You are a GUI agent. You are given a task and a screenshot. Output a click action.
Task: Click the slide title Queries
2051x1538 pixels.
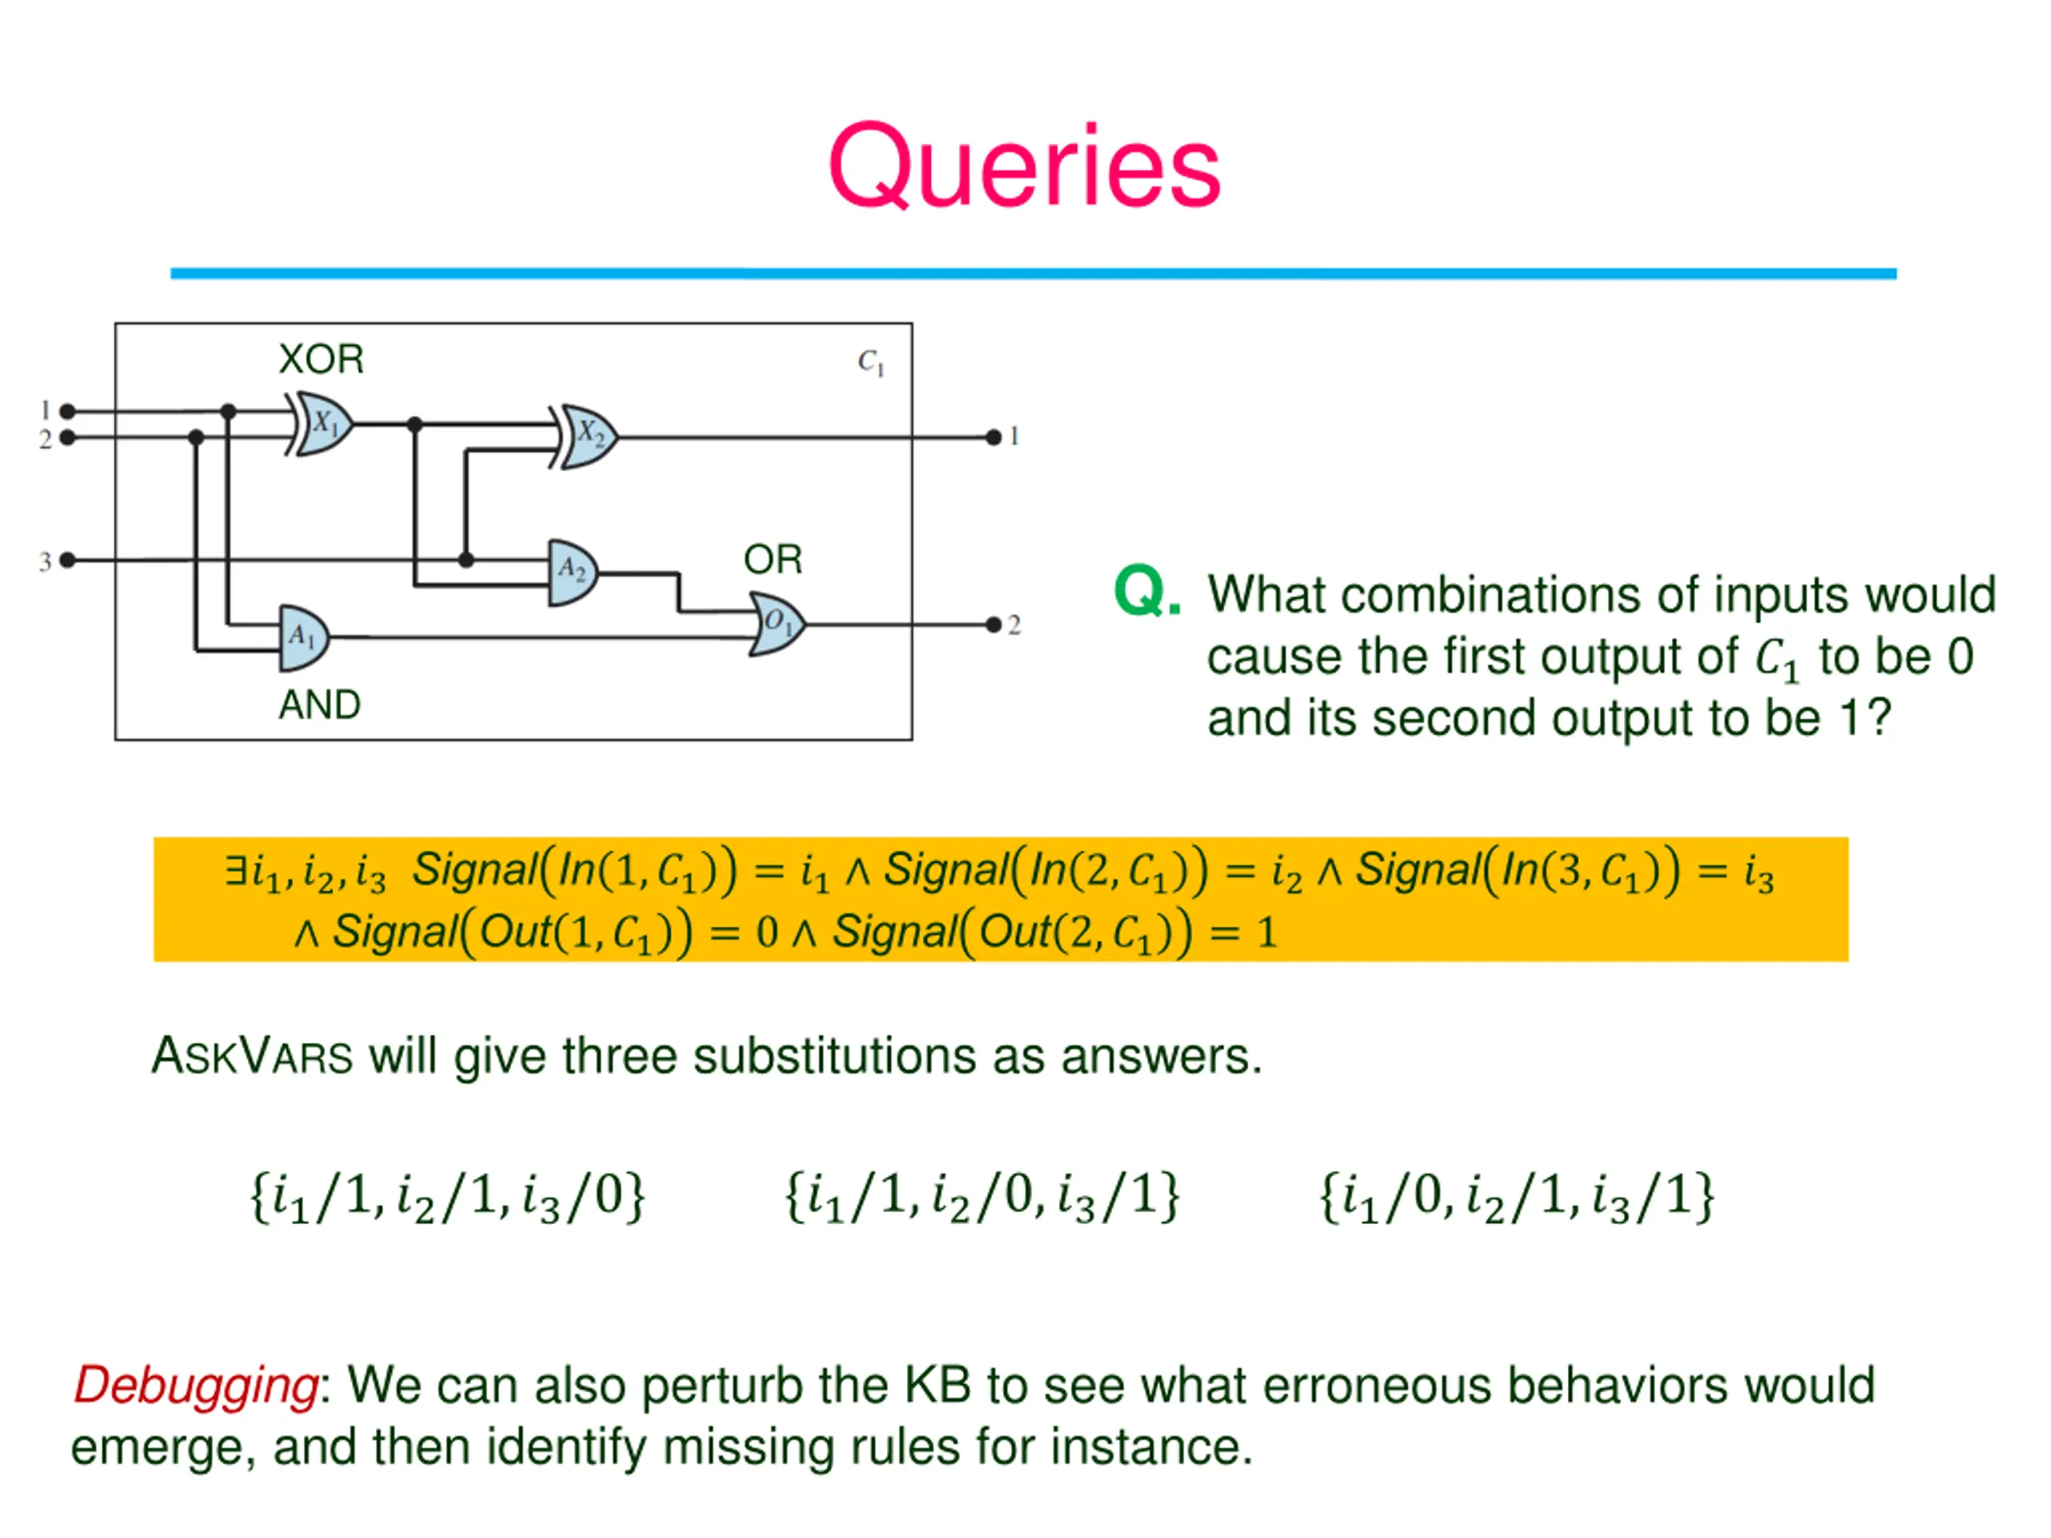tap(1024, 167)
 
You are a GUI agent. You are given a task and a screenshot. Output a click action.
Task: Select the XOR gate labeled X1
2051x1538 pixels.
tap(320, 424)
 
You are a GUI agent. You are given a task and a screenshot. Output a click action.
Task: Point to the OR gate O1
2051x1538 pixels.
tap(777, 625)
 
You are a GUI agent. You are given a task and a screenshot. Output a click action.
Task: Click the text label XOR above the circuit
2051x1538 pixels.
tap(320, 359)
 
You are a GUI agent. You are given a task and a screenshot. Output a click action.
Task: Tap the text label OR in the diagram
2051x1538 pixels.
tap(772, 559)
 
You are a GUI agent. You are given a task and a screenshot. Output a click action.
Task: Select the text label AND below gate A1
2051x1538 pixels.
tap(320, 705)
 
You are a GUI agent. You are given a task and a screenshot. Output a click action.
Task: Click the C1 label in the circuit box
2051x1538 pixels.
tap(871, 361)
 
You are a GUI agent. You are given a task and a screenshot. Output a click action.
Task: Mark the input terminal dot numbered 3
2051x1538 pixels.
tap(66, 560)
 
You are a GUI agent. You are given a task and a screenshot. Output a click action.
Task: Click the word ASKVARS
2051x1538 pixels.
tap(252, 1056)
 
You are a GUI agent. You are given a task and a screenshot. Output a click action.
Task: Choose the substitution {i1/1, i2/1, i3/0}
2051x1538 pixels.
tap(448, 1198)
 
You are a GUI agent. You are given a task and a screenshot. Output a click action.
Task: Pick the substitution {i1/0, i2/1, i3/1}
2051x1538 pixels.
tap(1517, 1198)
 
